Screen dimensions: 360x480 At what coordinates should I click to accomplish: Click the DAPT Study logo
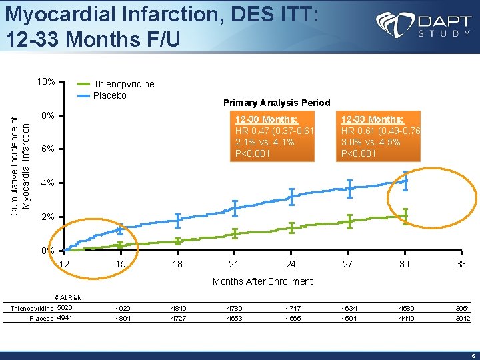423,27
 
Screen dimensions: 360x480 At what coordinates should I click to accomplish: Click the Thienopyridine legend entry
123,84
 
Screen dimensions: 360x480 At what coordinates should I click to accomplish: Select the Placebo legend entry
109,95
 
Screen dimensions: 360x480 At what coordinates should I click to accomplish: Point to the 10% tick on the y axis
46,82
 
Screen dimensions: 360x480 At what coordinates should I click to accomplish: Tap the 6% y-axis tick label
47,149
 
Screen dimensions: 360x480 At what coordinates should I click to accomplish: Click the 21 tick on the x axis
234,264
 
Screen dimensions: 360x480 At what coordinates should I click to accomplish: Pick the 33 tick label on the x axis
461,264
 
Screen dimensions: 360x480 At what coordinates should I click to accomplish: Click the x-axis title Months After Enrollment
262,281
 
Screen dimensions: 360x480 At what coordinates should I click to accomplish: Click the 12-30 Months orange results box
273,136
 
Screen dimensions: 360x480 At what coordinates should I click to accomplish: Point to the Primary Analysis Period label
277,103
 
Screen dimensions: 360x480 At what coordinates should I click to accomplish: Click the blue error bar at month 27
349,189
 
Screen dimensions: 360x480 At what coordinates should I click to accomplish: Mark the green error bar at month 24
291,227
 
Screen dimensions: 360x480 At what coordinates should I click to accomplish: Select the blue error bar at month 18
177,218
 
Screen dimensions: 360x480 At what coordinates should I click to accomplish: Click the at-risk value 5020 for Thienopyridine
65,308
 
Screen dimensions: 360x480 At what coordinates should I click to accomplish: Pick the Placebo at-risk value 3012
463,319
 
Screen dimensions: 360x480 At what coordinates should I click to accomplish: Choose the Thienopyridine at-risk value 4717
291,309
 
